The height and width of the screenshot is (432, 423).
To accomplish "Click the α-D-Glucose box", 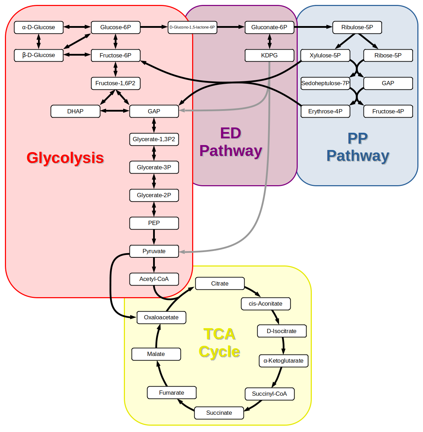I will click(39, 27).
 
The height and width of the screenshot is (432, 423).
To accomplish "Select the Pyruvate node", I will click(154, 251).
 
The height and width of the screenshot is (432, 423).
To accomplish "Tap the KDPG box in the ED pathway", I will click(269, 56).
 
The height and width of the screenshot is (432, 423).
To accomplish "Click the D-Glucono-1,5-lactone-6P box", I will click(192, 27).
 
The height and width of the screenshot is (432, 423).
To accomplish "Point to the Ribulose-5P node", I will click(357, 27).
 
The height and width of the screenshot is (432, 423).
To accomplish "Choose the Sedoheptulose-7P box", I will click(325, 83).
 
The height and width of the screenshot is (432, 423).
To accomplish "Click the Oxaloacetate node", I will click(161, 318).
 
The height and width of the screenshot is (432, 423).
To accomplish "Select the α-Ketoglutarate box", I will click(283, 361).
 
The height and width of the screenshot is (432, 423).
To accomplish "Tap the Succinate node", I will click(219, 413).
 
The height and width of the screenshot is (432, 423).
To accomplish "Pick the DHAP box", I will click(75, 112).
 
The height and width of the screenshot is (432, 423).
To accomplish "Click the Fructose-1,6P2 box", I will click(115, 83).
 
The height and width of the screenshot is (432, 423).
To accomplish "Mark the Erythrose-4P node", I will click(325, 112).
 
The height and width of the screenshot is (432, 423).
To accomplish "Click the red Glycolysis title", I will click(65, 158).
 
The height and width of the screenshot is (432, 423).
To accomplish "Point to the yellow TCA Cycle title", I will click(220, 343).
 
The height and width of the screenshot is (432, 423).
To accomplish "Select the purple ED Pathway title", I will click(231, 142).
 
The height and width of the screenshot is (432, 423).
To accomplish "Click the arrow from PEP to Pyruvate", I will click(154, 237).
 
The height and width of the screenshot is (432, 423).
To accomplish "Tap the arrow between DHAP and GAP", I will click(115, 111).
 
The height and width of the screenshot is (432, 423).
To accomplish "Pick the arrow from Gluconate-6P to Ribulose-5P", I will click(313, 27).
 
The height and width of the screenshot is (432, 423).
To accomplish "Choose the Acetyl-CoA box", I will click(154, 279).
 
